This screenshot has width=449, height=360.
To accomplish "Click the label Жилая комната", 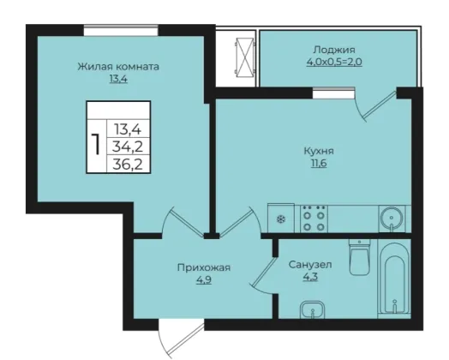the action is [118, 67].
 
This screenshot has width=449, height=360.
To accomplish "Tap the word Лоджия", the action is [334, 50].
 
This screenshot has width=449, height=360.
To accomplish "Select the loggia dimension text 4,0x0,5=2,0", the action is [334, 62].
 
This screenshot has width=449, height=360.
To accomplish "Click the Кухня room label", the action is [319, 151].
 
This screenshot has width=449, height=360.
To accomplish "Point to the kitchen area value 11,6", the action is [319, 163].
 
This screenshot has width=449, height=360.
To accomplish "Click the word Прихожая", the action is [204, 267].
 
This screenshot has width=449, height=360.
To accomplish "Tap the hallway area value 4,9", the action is [204, 279].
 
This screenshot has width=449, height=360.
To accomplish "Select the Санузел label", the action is [310, 264].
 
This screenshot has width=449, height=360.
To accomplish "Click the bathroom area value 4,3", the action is [310, 277].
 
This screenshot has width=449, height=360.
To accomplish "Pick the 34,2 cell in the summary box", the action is [128, 147].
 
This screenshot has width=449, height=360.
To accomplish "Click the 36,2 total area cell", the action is [128, 165].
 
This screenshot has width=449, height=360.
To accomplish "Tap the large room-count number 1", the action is [97, 144].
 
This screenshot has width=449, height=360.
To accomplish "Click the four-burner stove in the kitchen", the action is [314, 219].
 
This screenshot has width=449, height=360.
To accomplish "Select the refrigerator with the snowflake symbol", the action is [281, 219].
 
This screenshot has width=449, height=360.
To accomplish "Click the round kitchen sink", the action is [392, 219].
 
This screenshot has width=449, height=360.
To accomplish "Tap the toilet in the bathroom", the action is [359, 257].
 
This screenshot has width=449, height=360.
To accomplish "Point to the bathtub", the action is [394, 279].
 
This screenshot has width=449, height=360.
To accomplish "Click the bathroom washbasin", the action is [312, 309].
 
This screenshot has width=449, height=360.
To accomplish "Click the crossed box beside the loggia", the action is [244, 57].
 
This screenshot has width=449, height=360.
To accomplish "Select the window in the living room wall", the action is [121, 30].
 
